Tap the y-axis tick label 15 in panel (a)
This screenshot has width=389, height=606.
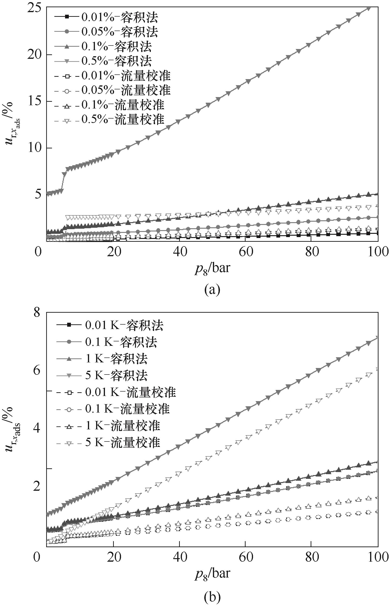tap(35, 101)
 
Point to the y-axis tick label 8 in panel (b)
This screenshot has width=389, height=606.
tap(37, 313)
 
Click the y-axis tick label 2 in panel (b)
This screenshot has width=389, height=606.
tap(37, 486)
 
